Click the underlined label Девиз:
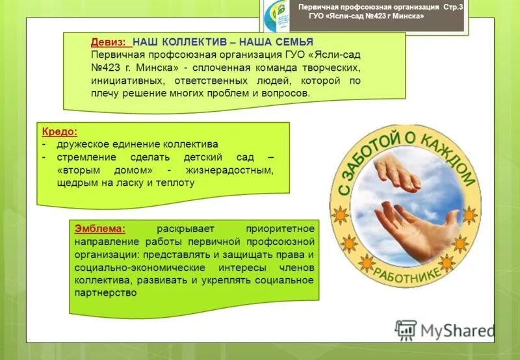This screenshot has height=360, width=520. coord(111,41)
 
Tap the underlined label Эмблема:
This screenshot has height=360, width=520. coord(99,229)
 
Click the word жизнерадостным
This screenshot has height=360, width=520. coord(229,170)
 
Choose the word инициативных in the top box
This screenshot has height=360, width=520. coord(120,81)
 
